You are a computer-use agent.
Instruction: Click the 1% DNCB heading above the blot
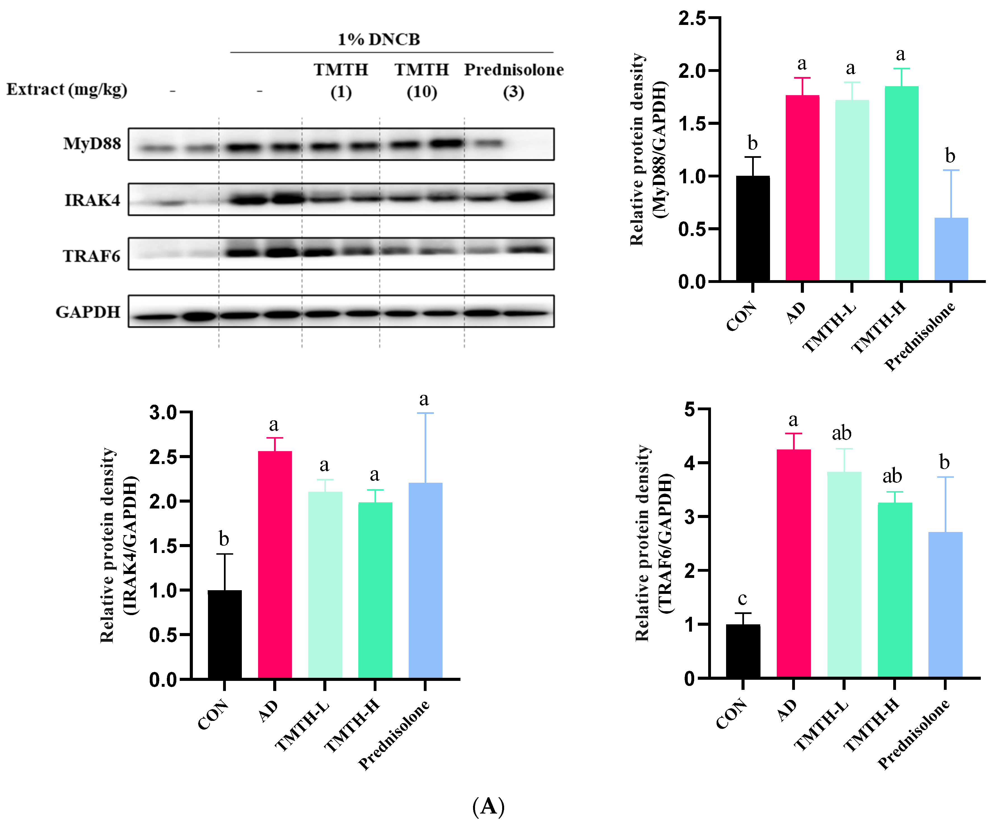coord(378,39)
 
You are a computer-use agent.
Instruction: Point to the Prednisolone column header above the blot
coord(514,70)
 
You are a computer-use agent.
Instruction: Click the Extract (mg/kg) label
coord(67,89)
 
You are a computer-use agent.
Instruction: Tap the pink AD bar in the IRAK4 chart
coord(275,564)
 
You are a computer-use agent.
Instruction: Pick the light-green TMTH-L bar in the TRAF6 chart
coord(844,574)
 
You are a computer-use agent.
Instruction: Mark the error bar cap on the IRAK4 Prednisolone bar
coord(425,413)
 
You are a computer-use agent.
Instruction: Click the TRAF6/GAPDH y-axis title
coord(654,543)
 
